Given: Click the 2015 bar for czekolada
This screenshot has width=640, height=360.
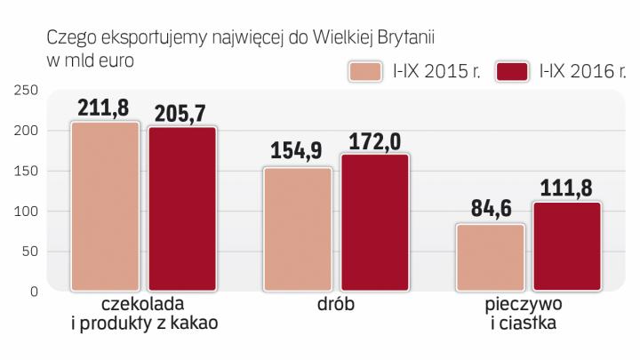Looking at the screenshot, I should click(106, 205).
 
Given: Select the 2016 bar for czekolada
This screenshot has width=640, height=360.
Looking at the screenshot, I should click(181, 208).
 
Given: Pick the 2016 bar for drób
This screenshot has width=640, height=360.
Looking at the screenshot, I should click(375, 221).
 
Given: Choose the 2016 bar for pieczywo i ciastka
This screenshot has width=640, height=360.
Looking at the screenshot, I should click(567, 245).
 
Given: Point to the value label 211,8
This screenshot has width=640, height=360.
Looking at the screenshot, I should click(105, 108).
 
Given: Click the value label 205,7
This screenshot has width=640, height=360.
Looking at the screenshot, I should click(182, 114).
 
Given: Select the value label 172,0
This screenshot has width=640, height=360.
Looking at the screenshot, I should click(375, 140).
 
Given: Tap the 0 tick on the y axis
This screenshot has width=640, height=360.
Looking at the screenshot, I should click(32, 292).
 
